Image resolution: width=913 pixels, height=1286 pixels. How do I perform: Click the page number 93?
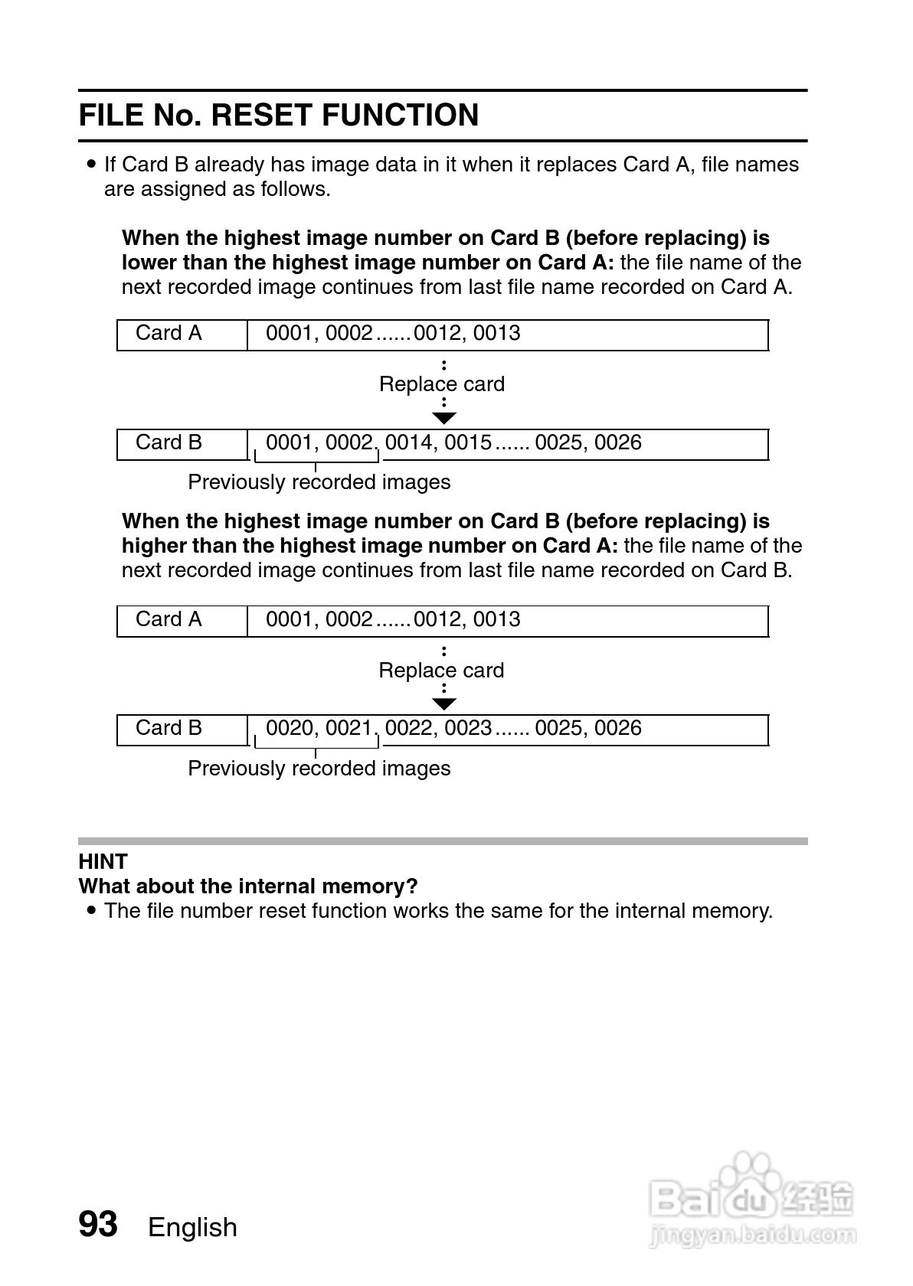pos(98,1224)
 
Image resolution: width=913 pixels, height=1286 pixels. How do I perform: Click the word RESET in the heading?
pos(261,115)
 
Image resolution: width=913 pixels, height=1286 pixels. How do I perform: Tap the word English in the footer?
pos(192,1227)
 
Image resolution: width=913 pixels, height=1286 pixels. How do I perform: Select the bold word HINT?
pos(103,862)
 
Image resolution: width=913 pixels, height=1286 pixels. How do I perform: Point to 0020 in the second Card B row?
pos(290,728)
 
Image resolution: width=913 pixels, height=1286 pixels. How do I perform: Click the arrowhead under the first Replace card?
pos(444,418)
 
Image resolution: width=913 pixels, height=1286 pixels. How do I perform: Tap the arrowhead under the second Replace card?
pos(444,703)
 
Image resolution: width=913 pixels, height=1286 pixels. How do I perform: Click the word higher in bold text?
pos(154,546)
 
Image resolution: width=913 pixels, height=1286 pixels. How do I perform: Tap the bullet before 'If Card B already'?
pos(92,164)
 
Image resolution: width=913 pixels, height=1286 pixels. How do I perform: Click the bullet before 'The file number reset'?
pos(92,911)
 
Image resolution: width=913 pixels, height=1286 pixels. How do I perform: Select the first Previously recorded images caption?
pos(319,482)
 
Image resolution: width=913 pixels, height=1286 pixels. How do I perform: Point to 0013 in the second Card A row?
pos(496,619)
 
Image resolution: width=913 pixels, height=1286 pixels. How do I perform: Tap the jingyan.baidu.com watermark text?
pos(752,1235)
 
